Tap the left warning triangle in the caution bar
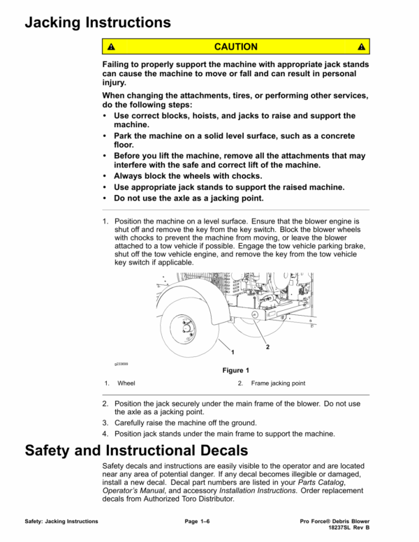[x=110, y=47]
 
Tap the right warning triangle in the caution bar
[x=361, y=47]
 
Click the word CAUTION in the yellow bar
[x=235, y=47]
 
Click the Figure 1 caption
[x=235, y=370]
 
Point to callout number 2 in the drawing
[x=268, y=346]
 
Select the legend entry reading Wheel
[x=126, y=383]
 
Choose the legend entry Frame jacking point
[x=277, y=383]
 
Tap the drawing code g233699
[x=122, y=364]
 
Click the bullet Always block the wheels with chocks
[x=186, y=176]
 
